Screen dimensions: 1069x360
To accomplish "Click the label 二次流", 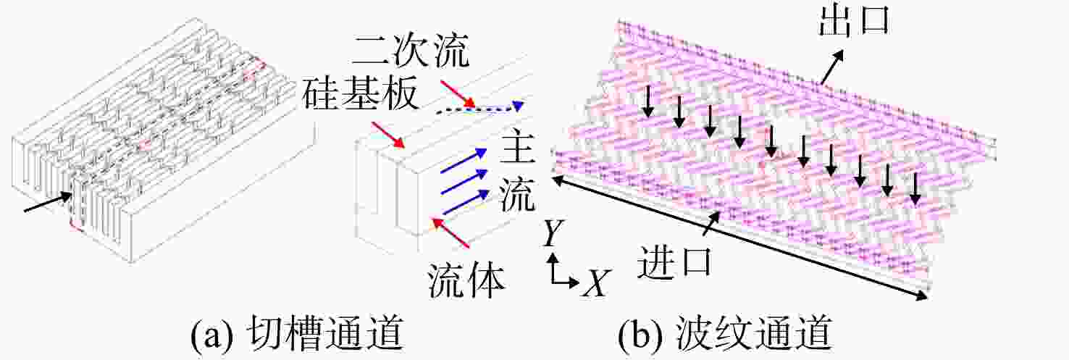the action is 411,50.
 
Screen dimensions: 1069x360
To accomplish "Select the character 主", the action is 517,148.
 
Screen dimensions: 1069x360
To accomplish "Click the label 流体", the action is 466,281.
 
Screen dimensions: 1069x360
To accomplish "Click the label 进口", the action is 674,261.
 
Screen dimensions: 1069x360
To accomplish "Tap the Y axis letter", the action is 553,233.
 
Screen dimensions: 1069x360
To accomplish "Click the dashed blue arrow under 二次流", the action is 480,108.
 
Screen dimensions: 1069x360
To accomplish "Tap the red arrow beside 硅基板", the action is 388,135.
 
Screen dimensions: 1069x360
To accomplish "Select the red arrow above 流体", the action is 450,233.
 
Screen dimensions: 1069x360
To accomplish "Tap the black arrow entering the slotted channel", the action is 49,202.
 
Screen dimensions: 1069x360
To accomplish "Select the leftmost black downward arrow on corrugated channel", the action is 647,101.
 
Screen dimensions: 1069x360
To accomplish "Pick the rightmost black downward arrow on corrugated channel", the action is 915,190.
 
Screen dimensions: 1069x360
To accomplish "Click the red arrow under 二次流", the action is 458,94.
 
